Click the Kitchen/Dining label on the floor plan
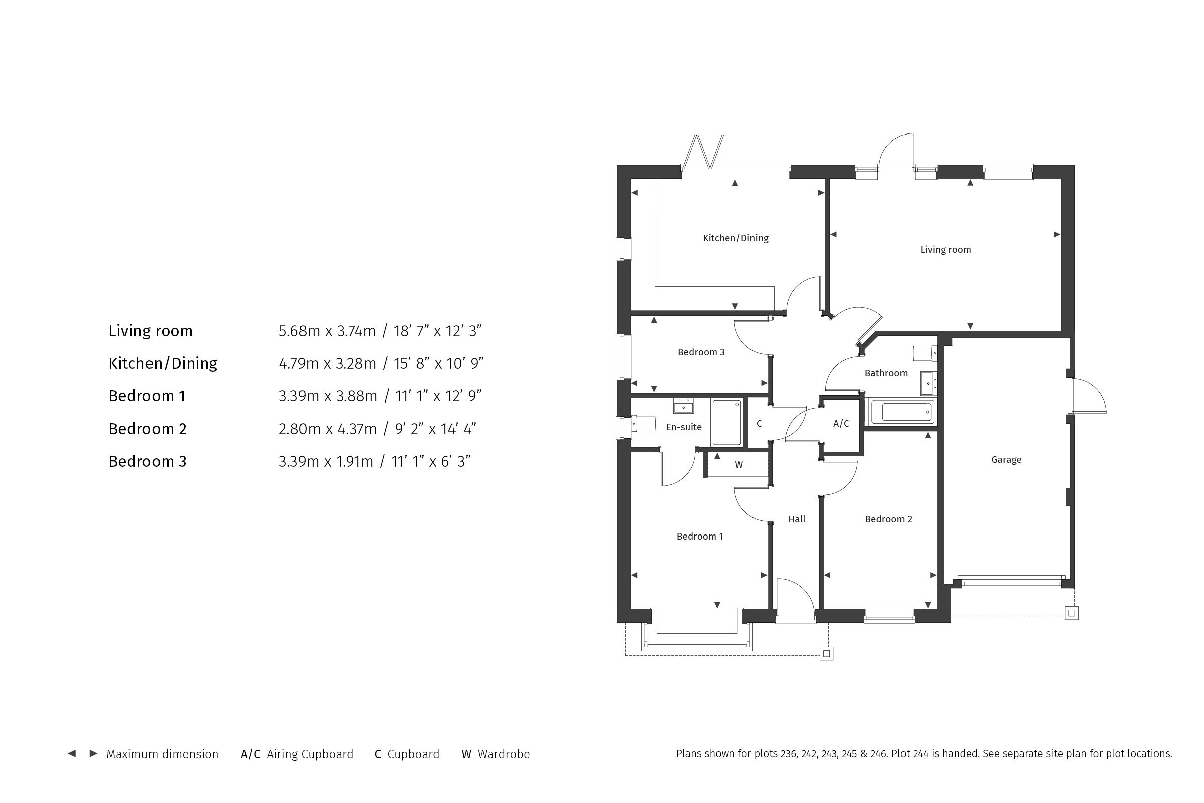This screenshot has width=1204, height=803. click(735, 238)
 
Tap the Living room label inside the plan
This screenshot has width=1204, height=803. click(946, 250)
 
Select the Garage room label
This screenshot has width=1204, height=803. click(1006, 460)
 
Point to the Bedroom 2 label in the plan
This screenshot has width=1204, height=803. click(888, 519)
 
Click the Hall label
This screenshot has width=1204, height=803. click(797, 519)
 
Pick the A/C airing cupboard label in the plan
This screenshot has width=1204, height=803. click(841, 424)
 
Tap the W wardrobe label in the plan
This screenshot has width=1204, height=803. click(738, 465)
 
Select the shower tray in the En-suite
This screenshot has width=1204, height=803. click(727, 423)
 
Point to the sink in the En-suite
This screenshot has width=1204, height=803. click(683, 406)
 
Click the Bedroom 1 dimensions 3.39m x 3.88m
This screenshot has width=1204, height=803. click(328, 396)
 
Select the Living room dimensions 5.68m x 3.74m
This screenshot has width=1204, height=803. click(327, 331)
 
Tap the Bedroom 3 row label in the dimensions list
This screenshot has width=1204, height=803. click(147, 461)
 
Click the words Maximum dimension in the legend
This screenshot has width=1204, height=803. click(162, 754)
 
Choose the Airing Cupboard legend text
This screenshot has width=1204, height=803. click(310, 754)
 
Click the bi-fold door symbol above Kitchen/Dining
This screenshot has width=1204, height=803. click(702, 152)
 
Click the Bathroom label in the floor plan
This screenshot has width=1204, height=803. click(886, 373)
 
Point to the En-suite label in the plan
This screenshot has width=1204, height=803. click(684, 427)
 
